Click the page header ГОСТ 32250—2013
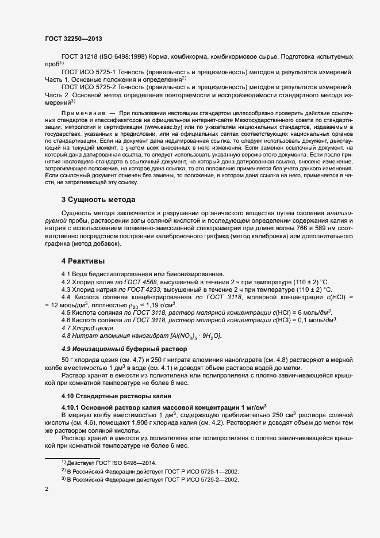coord(74,38)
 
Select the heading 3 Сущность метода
coord(98,200)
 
